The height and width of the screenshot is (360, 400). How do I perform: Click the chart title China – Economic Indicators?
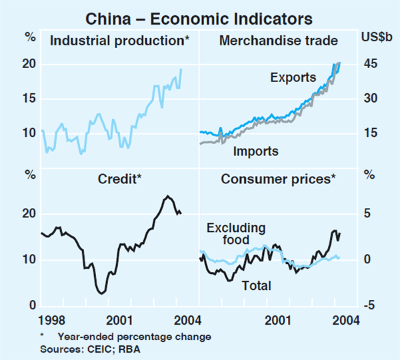pyautogui.click(x=199, y=15)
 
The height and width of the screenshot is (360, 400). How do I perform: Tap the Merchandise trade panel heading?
pyautogui.click(x=279, y=40)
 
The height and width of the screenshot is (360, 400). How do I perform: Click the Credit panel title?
pyautogui.click(x=119, y=178)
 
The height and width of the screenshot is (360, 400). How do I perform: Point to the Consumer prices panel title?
pyautogui.click(x=278, y=178)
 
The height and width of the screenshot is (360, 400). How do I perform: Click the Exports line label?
pyautogui.click(x=293, y=77)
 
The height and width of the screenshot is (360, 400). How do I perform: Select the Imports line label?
pyautogui.click(x=255, y=151)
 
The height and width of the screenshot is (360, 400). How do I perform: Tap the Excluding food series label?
pyautogui.click(x=235, y=234)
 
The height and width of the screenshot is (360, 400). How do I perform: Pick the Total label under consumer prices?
pyautogui.click(x=257, y=285)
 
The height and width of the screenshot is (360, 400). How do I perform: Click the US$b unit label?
pyautogui.click(x=377, y=37)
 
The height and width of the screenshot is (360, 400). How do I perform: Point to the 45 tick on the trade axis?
pyautogui.click(x=371, y=64)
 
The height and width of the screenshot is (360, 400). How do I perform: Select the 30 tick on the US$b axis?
pyautogui.click(x=371, y=98)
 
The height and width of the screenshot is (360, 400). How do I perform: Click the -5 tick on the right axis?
pyautogui.click(x=369, y=305)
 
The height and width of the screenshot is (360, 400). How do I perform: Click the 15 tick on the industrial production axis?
pyautogui.click(x=29, y=98)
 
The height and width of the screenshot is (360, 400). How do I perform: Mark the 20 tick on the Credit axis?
pyautogui.click(x=29, y=213)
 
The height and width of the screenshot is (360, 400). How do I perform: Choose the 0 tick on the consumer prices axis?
pyautogui.click(x=367, y=259)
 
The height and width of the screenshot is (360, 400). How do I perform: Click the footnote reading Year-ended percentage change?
pyautogui.click(x=134, y=337)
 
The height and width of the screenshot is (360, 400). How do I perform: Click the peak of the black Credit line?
pyautogui.click(x=168, y=195)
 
